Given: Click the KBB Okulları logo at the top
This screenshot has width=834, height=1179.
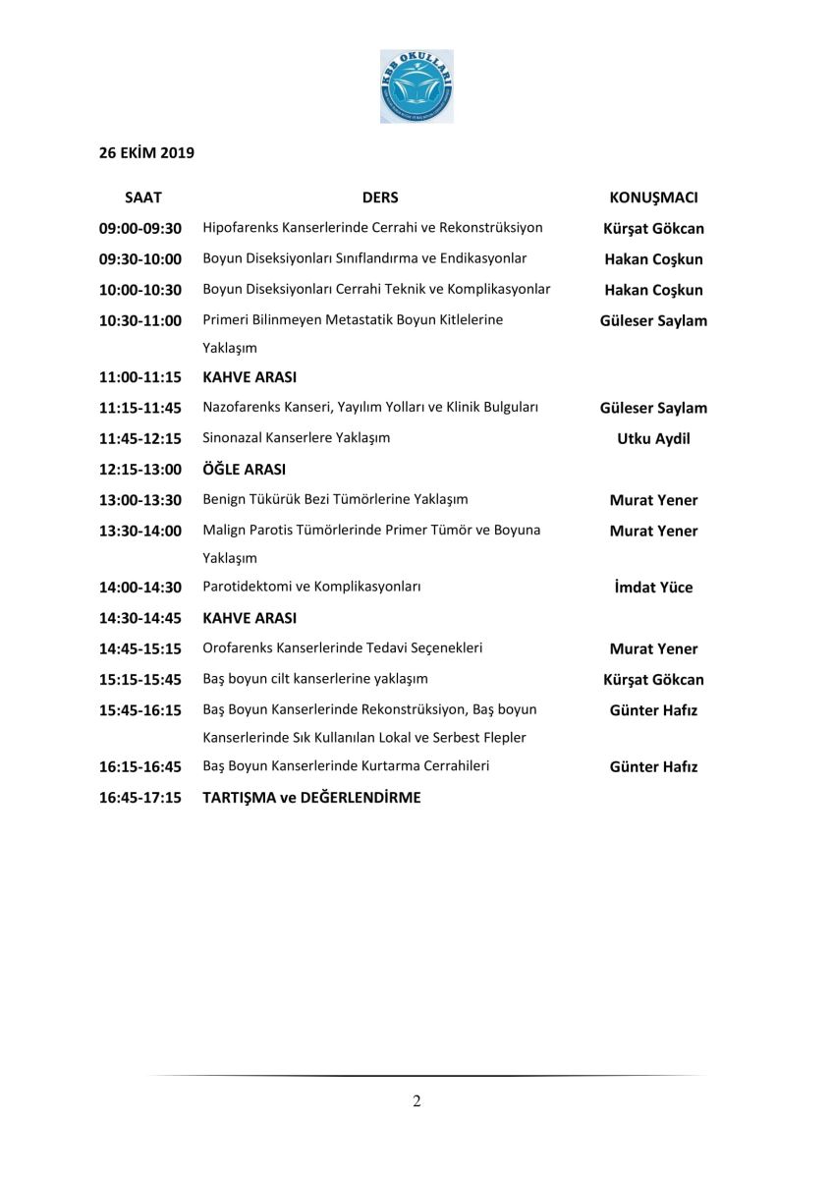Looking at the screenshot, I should (417, 87).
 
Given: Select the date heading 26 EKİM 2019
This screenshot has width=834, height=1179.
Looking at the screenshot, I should (146, 152).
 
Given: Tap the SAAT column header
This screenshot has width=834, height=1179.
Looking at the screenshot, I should (143, 197).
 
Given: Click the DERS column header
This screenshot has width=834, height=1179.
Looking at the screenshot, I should (380, 197).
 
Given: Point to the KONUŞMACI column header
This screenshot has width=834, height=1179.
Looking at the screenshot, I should (653, 197).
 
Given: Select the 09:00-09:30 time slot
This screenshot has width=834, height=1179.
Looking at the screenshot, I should (140, 229).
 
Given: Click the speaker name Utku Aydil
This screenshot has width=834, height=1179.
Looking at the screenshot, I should (653, 439).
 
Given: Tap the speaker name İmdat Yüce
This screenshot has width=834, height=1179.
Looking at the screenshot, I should (653, 588).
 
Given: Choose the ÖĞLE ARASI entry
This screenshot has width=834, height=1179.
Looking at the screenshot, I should (244, 470).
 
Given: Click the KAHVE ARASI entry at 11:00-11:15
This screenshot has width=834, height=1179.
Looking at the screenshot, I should (250, 377).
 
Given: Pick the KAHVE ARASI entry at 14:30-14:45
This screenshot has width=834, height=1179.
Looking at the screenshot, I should (250, 619).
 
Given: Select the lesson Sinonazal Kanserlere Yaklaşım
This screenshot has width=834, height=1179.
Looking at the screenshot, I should (296, 438).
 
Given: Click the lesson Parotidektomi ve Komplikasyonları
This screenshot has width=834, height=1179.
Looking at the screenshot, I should (311, 588).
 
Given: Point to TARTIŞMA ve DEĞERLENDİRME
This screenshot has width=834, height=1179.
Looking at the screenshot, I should (311, 798).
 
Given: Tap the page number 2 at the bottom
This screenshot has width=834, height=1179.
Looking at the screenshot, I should (417, 1101).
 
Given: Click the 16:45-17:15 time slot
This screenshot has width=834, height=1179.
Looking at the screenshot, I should (140, 798).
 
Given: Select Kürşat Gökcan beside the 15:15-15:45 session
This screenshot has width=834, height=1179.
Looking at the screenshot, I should (653, 680).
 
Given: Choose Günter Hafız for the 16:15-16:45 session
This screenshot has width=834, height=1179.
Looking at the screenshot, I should (653, 767).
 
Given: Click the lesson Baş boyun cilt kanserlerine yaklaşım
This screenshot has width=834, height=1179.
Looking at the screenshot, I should (315, 679).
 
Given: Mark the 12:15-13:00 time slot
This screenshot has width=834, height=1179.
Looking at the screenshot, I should (140, 470).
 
